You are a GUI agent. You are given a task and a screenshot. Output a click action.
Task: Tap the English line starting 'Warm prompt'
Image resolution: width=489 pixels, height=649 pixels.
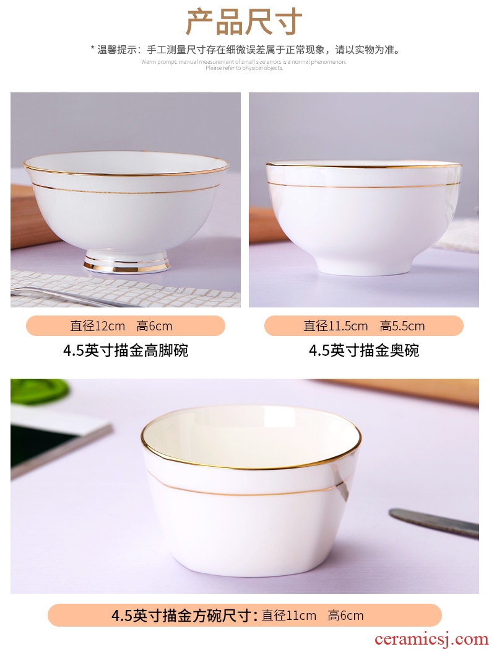click(x=244, y=62)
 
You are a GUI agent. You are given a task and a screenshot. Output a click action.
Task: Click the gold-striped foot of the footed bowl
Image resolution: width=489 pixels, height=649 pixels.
click(x=126, y=263)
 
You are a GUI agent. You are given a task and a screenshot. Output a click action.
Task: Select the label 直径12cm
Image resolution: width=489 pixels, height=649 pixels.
click(x=98, y=326)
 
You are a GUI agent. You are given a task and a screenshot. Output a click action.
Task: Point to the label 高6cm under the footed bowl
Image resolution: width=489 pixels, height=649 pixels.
click(x=154, y=326)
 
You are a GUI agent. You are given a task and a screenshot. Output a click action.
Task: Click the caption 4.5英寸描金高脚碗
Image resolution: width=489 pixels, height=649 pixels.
click(x=126, y=351)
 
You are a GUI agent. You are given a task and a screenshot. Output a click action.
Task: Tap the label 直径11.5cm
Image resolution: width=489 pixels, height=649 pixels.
click(x=335, y=326)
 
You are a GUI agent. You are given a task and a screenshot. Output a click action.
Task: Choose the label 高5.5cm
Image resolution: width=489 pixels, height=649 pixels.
click(x=402, y=326)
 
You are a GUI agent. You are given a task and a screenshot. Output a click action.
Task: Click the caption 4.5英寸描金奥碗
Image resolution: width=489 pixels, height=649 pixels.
click(x=364, y=351)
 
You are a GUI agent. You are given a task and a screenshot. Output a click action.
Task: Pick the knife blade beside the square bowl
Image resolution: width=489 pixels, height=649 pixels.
click(x=434, y=523)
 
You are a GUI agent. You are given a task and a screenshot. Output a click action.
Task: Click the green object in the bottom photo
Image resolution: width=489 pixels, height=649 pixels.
click(x=38, y=391)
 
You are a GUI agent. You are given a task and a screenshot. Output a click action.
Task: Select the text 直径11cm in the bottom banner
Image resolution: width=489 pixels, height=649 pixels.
click(x=289, y=616)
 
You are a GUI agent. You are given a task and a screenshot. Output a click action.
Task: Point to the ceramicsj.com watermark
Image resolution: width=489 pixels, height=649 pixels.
click(x=431, y=640)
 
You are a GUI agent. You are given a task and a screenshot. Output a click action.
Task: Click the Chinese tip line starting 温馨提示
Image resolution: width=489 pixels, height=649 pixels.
click(x=246, y=50)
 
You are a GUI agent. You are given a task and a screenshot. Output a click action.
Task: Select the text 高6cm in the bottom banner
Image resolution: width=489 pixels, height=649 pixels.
click(x=345, y=616)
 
